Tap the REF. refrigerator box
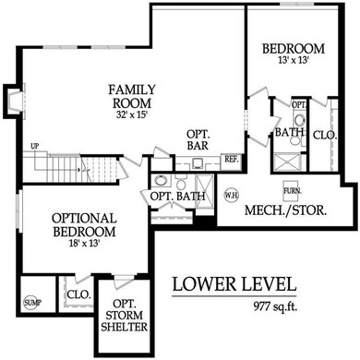coord(231,159)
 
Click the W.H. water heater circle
coord(233,196)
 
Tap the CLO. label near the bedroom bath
coord(325,135)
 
